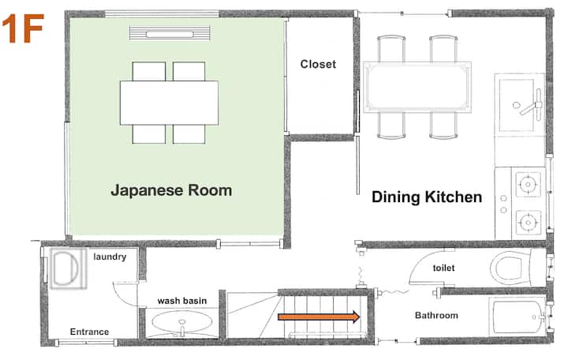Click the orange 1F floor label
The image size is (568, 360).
coord(22,28)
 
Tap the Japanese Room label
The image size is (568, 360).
coord(171,190)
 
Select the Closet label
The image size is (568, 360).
coord(318,64)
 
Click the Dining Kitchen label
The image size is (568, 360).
coord(427,197)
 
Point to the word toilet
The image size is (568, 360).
coord(443,268)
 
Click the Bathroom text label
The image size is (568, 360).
coord(436,316)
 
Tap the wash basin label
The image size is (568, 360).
coord(182,301)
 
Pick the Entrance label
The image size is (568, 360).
coord(89,332)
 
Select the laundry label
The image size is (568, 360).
coord(110,257)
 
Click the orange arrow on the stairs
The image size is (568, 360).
coord(319,317)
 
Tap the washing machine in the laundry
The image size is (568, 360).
coord(69,268)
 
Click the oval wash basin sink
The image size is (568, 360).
coord(182,322)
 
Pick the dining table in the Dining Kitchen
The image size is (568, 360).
coord(417,88)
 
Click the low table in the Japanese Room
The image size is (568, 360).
coord(169,103)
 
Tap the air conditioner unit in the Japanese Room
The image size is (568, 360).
coord(170,33)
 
